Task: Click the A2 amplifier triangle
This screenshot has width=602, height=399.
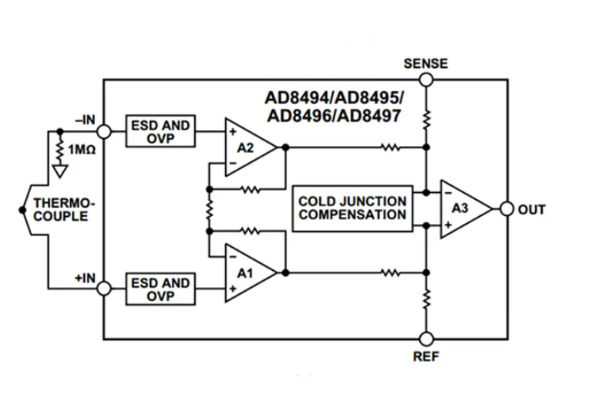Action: pos(248,147)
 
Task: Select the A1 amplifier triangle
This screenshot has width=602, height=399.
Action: pos(248,272)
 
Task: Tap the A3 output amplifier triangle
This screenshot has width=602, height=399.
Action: pos(463,209)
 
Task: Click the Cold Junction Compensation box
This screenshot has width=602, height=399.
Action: pos(352,208)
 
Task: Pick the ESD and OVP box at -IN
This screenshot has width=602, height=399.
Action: pos(160,132)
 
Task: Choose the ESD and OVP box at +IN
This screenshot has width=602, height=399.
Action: pos(160,289)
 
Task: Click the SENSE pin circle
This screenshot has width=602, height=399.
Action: pos(425,79)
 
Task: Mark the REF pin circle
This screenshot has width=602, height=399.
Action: pos(425,338)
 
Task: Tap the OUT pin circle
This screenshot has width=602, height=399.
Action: pos(506,209)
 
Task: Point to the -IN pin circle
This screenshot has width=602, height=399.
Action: pos(104,132)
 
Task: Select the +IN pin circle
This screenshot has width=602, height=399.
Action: pos(104,289)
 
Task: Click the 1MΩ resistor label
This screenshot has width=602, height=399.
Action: pos(82,148)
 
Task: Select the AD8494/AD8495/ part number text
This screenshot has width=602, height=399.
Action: pos(335,100)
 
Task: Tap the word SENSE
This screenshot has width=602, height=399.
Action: pos(425,63)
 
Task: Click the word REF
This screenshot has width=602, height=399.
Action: pos(425,357)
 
